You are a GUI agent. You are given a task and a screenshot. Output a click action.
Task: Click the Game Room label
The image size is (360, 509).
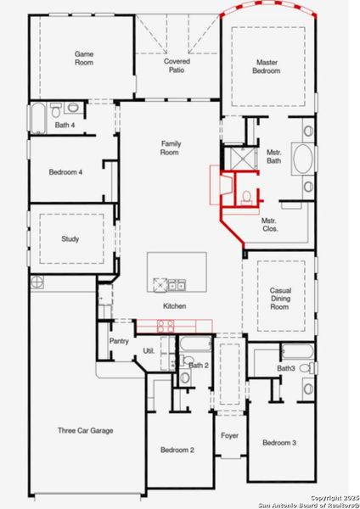click(x=83, y=57)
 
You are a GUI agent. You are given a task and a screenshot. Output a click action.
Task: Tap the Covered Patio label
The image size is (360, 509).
click(x=177, y=65)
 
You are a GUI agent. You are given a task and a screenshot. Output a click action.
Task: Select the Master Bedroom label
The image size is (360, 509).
click(x=268, y=66)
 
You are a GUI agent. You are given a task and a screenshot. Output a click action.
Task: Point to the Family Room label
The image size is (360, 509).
click(x=172, y=149)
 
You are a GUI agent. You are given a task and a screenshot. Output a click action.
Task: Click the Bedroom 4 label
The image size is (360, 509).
click(x=65, y=172)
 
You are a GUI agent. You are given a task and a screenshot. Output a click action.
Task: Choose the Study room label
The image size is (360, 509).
click(x=70, y=239)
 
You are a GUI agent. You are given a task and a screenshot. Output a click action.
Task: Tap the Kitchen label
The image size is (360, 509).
click(x=175, y=306)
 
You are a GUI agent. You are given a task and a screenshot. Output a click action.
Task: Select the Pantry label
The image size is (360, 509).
click(x=119, y=341)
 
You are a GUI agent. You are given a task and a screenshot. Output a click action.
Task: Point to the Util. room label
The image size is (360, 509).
click(x=148, y=350)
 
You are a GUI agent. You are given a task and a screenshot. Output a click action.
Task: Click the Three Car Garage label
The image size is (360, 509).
click(x=85, y=431)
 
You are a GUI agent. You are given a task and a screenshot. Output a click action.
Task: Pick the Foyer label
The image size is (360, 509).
click(x=230, y=436)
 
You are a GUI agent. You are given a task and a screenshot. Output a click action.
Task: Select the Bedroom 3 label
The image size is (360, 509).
click(x=278, y=443)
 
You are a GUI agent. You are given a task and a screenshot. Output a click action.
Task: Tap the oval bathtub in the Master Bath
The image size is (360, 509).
click(x=302, y=159)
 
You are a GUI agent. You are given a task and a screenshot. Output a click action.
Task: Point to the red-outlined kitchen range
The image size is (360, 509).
click(x=166, y=324)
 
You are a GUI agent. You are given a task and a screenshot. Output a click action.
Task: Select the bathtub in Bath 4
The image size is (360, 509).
click(x=39, y=118)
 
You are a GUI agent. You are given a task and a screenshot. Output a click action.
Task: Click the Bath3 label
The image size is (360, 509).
click(x=285, y=368)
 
